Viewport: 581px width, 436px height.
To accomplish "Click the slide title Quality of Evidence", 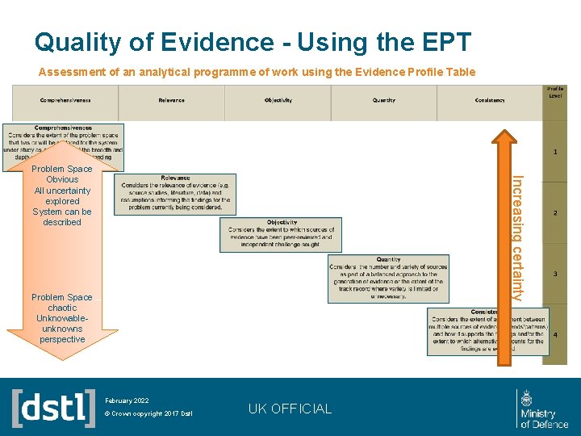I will [253, 41].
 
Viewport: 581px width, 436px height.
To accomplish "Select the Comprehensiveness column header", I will [65, 100].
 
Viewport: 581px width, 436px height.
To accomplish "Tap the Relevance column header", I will [171, 100].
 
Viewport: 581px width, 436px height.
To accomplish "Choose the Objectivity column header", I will [278, 100].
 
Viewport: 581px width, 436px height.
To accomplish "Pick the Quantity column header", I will [384, 100].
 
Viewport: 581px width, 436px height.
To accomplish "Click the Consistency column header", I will [490, 100].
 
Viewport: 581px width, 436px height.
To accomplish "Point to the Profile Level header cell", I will [555, 92].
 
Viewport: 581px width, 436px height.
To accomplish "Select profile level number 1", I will [555, 151].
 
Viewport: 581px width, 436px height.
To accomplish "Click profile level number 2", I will [555, 213].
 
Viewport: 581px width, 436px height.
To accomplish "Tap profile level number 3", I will [555, 274].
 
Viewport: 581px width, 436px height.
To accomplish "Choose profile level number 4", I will [555, 334].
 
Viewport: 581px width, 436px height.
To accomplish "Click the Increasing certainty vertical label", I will [519, 238].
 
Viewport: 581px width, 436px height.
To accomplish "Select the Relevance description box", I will [175, 194].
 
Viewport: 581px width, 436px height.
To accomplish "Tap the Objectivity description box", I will [282, 234].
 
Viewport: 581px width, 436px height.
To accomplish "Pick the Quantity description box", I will [388, 279].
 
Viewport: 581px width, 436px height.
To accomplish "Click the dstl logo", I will [54, 408].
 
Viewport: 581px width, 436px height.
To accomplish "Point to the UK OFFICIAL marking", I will [290, 409].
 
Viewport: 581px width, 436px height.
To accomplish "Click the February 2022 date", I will [127, 400].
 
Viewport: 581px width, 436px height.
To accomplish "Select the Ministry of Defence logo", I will [544, 409].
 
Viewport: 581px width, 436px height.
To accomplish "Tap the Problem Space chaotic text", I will [62, 318].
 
